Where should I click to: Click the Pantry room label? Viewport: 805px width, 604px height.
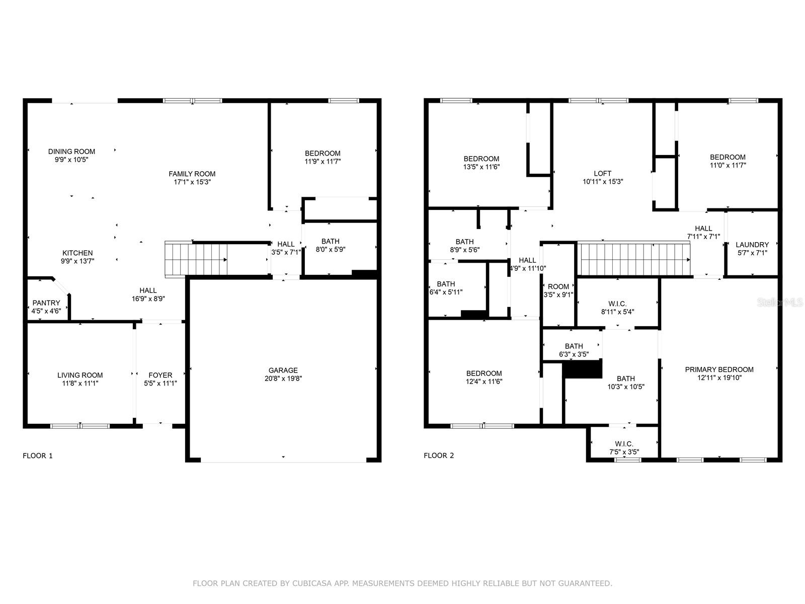(46, 303)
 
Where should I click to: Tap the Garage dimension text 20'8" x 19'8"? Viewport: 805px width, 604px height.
(283, 379)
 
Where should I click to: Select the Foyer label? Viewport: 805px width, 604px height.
(160, 375)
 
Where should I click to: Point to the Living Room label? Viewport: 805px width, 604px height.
(80, 375)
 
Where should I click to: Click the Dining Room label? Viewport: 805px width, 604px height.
(71, 152)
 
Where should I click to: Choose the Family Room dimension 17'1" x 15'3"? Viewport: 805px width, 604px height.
(192, 182)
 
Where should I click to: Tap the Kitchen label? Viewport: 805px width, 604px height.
(77, 253)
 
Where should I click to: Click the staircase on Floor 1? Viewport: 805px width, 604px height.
(196, 259)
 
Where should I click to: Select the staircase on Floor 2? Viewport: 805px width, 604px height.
(634, 259)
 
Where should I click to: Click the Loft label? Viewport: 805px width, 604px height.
(603, 174)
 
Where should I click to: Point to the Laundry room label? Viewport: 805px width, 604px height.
(752, 245)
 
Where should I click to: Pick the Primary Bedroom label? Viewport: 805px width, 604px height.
(719, 369)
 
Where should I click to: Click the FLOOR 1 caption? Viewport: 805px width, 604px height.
(38, 456)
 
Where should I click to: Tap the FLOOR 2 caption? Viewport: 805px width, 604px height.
(439, 456)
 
